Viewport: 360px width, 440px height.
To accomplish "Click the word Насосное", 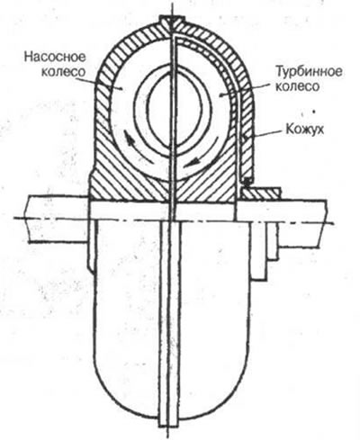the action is coord(55,58).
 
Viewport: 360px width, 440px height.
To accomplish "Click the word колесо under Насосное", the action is coord(63,72).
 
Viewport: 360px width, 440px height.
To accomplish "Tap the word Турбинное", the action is coord(309,72).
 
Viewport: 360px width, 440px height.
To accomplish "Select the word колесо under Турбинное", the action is coord(297,87).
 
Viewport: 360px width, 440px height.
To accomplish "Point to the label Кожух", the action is coord(305,130).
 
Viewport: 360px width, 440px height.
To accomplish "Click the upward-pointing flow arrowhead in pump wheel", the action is coord(129,139).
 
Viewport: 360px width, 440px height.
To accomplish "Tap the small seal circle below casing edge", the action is coord(247,181).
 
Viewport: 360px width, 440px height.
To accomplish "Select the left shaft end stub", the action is coord(58,219).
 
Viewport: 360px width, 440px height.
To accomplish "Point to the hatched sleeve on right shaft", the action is coord(260,194).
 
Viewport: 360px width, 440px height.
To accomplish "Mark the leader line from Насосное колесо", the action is coord(99,84).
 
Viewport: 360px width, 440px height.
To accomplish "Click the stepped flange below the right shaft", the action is coord(264,250).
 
